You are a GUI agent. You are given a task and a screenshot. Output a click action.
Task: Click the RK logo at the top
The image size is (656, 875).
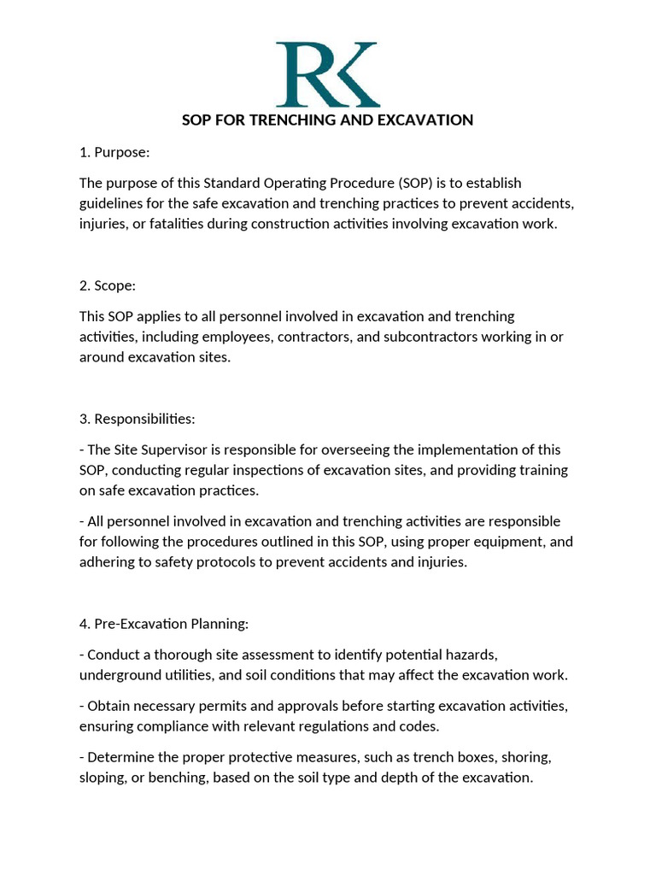click(x=328, y=74)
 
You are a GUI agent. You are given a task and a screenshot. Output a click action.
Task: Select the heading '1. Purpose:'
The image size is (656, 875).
click(x=114, y=152)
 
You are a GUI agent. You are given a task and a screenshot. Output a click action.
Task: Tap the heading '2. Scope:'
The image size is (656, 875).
click(x=108, y=285)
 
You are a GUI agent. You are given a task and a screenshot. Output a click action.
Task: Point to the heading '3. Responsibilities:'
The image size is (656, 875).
click(x=138, y=419)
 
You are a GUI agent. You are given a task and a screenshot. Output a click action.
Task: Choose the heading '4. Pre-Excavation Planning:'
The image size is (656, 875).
click(x=164, y=624)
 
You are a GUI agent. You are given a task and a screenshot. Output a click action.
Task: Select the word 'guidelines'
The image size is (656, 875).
click(x=112, y=203)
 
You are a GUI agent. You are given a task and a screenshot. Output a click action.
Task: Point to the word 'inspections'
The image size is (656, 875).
click(x=241, y=470)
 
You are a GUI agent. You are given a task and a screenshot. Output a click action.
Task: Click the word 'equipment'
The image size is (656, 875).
click(x=501, y=542)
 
